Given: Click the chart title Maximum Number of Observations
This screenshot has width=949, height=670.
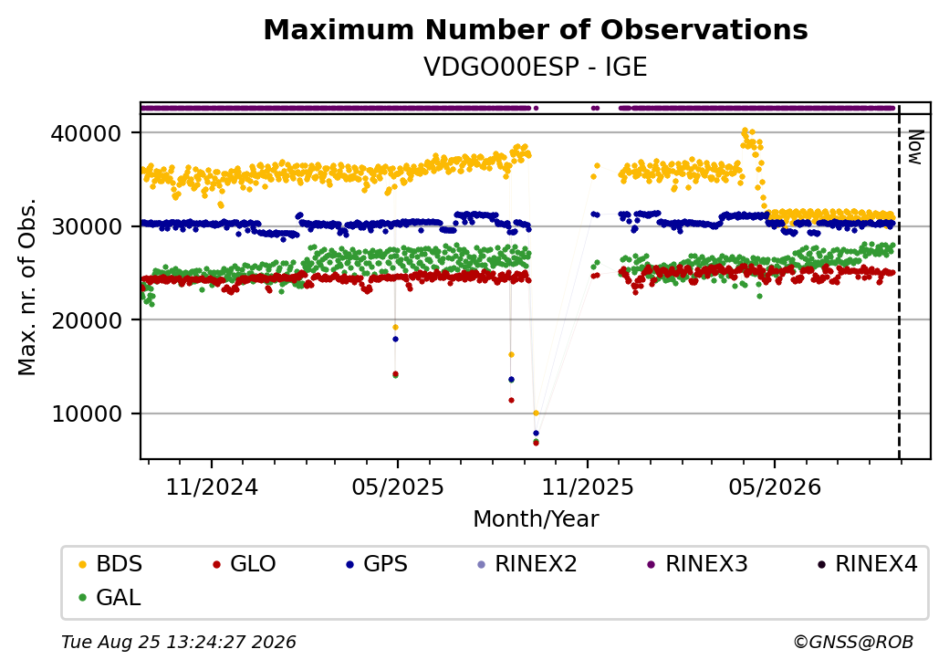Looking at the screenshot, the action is (x=536, y=29).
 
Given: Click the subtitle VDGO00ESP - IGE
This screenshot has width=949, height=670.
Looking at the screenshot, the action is (x=536, y=67).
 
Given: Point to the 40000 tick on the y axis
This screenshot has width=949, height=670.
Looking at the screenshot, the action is (x=87, y=133).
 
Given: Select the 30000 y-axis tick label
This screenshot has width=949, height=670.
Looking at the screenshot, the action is (x=87, y=226).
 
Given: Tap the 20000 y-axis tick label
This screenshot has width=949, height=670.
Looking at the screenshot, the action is (x=87, y=320).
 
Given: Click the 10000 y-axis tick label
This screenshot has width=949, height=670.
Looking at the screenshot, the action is (x=87, y=414).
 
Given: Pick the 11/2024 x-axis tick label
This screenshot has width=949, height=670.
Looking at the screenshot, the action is (x=212, y=487).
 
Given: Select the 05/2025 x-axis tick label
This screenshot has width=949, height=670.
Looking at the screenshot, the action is (x=398, y=487).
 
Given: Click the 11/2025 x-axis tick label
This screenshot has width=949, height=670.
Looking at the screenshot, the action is (x=587, y=487).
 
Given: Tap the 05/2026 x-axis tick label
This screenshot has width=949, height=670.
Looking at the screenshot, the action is (x=775, y=487).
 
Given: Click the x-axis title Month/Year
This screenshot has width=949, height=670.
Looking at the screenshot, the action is (x=536, y=519).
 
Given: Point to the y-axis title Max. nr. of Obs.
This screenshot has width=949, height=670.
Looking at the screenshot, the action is (x=26, y=287).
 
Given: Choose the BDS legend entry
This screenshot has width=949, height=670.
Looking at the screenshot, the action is (x=110, y=564).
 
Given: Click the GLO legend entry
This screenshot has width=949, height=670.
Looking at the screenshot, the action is (x=244, y=564).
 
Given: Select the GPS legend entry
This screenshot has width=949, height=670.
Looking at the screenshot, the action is (x=377, y=564).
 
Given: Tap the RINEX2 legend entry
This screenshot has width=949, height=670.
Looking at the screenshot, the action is (x=527, y=564).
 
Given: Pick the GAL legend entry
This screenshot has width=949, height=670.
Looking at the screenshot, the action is (x=109, y=597).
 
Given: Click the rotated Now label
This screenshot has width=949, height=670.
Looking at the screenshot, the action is (x=915, y=147).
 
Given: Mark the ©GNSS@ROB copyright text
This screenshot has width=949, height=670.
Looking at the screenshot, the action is (x=853, y=642).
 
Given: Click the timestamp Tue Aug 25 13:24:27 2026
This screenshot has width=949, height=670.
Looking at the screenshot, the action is (x=179, y=642).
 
